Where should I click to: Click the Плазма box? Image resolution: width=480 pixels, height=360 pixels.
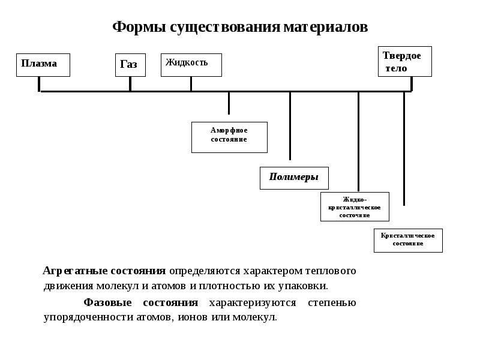(x=43, y=65)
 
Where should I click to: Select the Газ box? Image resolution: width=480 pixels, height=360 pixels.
(x=130, y=65)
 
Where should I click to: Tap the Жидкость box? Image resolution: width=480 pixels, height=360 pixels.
(x=191, y=65)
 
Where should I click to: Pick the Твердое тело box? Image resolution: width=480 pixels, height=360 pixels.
(x=404, y=61)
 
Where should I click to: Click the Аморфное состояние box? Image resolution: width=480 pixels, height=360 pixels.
(x=229, y=137)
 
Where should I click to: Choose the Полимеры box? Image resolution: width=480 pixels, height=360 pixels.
(x=294, y=178)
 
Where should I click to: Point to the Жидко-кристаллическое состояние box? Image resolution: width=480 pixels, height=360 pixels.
(x=355, y=206)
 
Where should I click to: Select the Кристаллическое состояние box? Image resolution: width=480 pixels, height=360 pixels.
(x=408, y=240)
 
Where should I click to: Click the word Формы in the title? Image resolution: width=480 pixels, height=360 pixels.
(x=140, y=28)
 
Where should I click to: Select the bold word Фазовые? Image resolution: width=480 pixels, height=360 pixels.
(x=107, y=302)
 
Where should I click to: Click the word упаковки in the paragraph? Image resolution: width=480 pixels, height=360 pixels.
(x=302, y=286)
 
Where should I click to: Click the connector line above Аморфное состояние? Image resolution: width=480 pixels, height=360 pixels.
(x=229, y=103)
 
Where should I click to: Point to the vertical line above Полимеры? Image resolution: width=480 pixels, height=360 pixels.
(x=290, y=126)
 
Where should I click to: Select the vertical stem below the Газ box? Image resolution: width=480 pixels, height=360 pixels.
(x=130, y=84)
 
